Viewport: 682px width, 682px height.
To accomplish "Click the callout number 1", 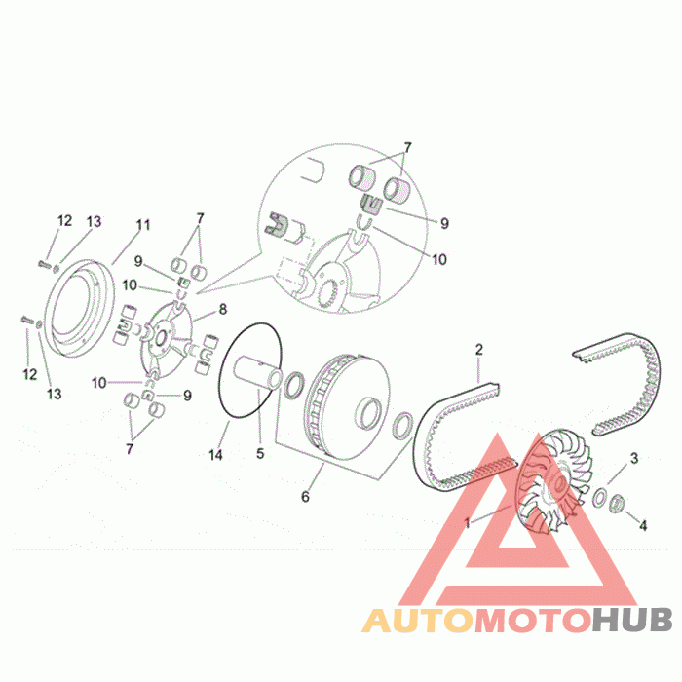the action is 468,523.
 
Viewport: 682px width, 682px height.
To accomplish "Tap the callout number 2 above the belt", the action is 479,348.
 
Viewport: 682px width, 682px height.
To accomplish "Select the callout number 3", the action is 634,458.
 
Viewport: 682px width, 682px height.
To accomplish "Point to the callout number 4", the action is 642,526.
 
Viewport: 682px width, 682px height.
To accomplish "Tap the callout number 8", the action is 222,310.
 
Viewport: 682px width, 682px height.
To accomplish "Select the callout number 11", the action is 143,225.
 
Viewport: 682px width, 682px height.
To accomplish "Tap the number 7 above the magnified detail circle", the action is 407,147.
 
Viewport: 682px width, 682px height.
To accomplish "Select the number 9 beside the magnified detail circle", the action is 444,223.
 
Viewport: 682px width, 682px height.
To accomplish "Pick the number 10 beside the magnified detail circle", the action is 438,260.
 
